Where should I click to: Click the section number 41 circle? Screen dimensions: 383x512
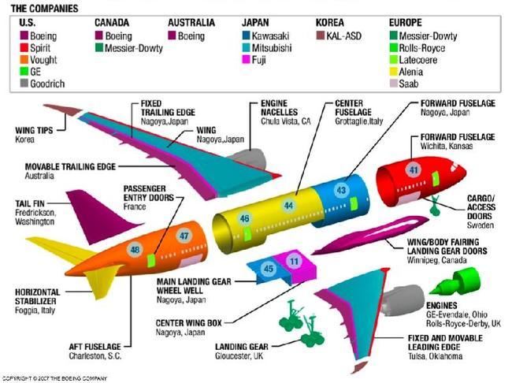(413, 169)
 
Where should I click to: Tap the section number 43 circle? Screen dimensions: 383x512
(341, 190)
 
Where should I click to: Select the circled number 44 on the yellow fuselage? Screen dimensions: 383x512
(288, 205)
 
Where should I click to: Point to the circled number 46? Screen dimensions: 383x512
(245, 218)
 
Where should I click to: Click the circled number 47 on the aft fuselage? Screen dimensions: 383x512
(184, 236)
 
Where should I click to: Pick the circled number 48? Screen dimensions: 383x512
(135, 250)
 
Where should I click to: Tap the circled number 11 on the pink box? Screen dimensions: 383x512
(294, 261)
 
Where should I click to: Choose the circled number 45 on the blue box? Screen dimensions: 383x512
(269, 270)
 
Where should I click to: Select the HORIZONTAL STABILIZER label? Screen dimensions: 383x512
(36, 296)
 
